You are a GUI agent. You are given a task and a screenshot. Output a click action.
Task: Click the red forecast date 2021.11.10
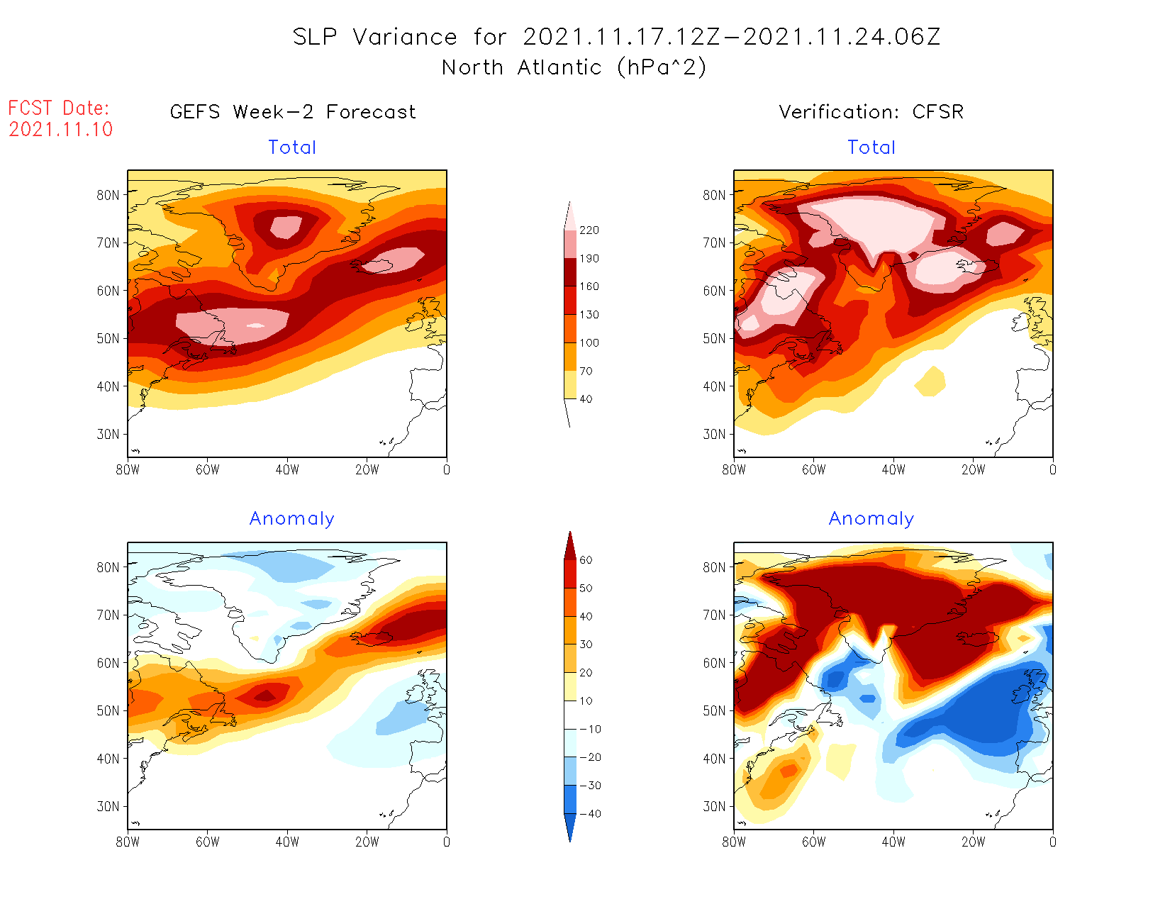(61, 129)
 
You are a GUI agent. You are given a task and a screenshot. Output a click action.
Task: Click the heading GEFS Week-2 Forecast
(293, 112)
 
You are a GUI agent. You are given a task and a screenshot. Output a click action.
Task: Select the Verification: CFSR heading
(871, 112)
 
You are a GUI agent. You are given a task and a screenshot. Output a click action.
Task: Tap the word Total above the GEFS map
(292, 147)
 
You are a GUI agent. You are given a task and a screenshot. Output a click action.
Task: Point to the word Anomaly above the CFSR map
(871, 519)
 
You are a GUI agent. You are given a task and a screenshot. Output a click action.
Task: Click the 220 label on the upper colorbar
(589, 230)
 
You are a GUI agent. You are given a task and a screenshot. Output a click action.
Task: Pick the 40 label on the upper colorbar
(586, 399)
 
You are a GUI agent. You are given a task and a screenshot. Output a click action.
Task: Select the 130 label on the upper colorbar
(589, 315)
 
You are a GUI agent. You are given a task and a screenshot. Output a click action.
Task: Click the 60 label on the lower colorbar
(586, 560)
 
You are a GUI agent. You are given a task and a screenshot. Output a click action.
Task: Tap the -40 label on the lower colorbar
(590, 814)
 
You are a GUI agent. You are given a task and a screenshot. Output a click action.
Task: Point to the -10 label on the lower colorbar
(590, 729)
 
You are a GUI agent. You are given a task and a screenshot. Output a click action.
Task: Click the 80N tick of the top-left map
(108, 195)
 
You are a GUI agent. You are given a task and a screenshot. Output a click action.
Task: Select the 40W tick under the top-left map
(287, 469)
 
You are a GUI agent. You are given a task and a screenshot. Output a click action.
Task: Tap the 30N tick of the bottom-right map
(714, 806)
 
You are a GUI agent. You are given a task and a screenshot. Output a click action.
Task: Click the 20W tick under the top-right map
(973, 469)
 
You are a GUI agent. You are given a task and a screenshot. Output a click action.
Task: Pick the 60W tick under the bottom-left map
(208, 842)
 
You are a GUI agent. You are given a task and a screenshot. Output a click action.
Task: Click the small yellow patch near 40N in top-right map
(930, 382)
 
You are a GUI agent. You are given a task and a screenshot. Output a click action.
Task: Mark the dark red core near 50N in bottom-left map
(265, 696)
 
